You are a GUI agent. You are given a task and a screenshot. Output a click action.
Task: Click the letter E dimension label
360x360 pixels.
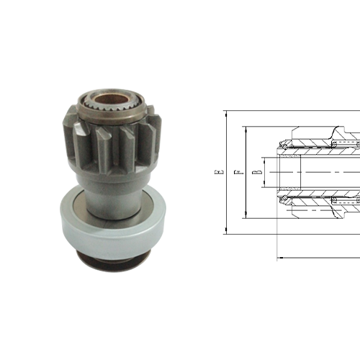[219, 173]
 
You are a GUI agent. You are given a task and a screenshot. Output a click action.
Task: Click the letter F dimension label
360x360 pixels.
[238, 173]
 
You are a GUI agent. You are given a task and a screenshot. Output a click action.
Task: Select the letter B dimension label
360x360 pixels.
[256, 173]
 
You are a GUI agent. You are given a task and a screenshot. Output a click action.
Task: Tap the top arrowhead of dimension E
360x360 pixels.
[226, 113]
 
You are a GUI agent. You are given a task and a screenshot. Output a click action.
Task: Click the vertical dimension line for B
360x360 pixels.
[264, 173]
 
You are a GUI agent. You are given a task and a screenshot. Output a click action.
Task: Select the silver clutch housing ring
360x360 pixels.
[112, 220]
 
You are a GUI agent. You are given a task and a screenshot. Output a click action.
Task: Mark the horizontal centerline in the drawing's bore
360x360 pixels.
[317, 173]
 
